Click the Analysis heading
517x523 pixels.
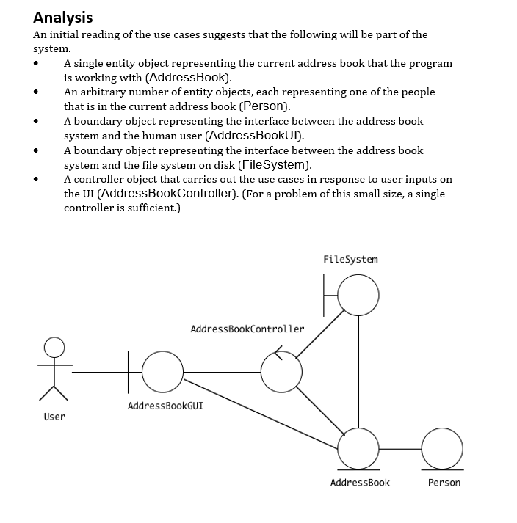pos(63,17)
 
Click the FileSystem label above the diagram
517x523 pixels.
pos(350,259)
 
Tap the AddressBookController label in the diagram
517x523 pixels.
pos(247,329)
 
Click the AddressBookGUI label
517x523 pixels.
pos(165,406)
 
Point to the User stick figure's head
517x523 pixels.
pos(54,346)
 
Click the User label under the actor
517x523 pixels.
pos(54,417)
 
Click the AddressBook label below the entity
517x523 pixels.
pos(360,483)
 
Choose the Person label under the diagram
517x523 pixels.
pos(444,483)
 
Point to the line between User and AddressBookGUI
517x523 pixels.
pos(99,371)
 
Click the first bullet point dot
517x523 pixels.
pos(35,64)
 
